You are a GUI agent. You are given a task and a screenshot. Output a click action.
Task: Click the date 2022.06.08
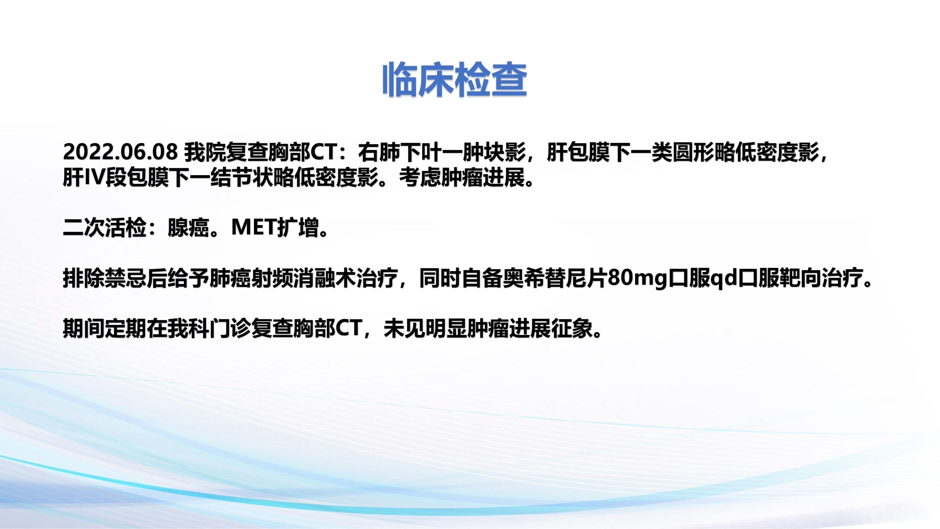[x=120, y=152]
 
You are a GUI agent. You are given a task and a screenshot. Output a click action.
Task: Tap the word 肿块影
[x=494, y=152]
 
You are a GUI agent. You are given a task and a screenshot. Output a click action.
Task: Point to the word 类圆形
[x=682, y=152]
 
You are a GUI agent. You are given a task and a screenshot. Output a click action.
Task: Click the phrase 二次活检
[x=105, y=228]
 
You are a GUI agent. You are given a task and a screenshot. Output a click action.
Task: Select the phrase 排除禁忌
[x=105, y=278]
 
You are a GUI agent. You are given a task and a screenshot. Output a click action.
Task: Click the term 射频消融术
[x=304, y=278]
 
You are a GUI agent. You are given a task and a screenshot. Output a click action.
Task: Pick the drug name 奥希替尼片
[x=555, y=278]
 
